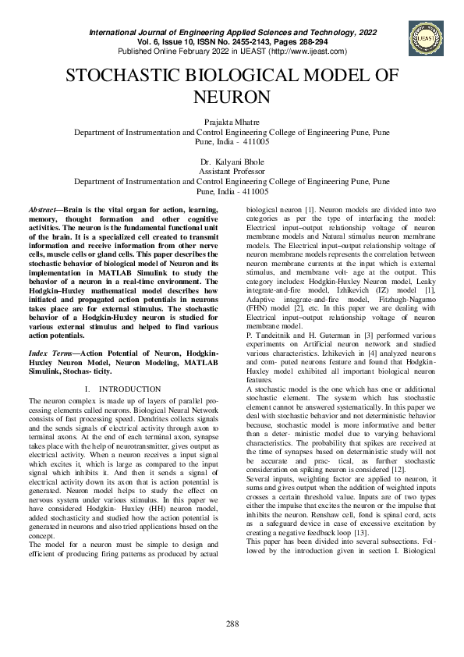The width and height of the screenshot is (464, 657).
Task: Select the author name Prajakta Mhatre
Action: pyautogui.click(x=232, y=123)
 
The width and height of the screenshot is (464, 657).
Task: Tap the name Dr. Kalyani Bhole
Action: pyautogui.click(x=232, y=160)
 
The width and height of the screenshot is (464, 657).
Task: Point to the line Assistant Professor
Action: pyautogui.click(x=232, y=169)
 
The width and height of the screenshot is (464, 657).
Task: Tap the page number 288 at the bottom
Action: pyautogui.click(x=232, y=623)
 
